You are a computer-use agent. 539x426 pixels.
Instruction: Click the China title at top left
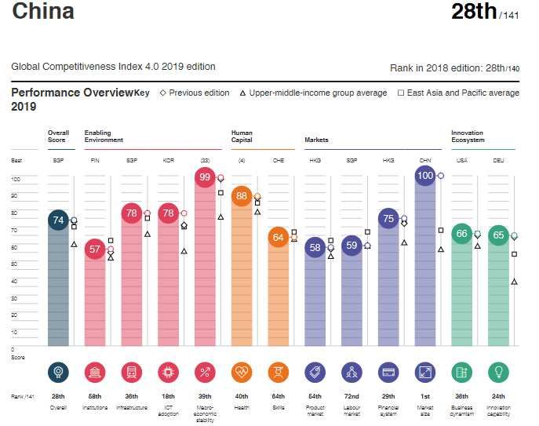tap(43, 13)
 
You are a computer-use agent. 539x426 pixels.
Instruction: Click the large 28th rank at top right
tap(474, 12)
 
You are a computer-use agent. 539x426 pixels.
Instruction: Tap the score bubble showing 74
tap(58, 221)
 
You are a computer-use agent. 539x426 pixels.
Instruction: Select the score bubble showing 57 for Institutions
tap(96, 249)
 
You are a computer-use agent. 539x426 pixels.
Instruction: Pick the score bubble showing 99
tap(206, 177)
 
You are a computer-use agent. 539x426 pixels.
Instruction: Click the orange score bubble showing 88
tap(242, 196)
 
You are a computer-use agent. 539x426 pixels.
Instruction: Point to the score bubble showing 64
tap(279, 237)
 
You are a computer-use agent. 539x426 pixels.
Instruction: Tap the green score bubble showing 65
tap(499, 235)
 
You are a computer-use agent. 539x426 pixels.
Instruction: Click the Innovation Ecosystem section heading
tap(468, 136)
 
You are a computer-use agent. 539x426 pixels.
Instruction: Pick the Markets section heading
tap(316, 140)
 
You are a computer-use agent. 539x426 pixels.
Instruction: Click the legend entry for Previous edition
tap(195, 93)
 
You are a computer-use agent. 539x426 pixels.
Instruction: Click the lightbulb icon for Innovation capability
tap(499, 372)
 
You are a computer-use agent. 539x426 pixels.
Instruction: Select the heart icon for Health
tap(242, 372)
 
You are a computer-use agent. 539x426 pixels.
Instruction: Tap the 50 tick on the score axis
tap(14, 263)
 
